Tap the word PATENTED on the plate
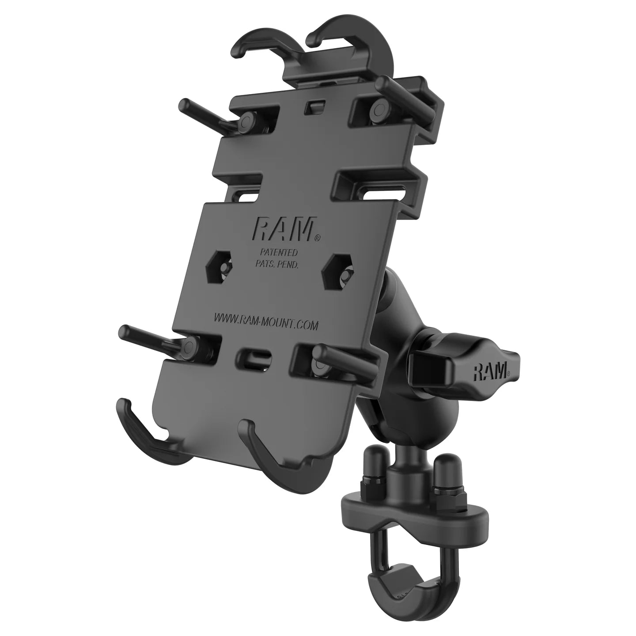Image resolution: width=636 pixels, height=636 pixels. point(278,253)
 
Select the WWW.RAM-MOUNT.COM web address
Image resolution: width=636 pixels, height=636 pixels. point(266,321)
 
